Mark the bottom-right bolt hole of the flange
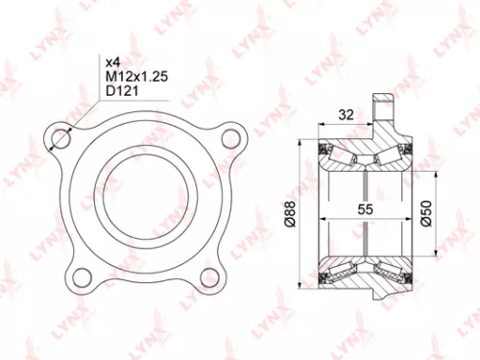click(x=209, y=278)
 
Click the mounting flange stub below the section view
click(x=381, y=312)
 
